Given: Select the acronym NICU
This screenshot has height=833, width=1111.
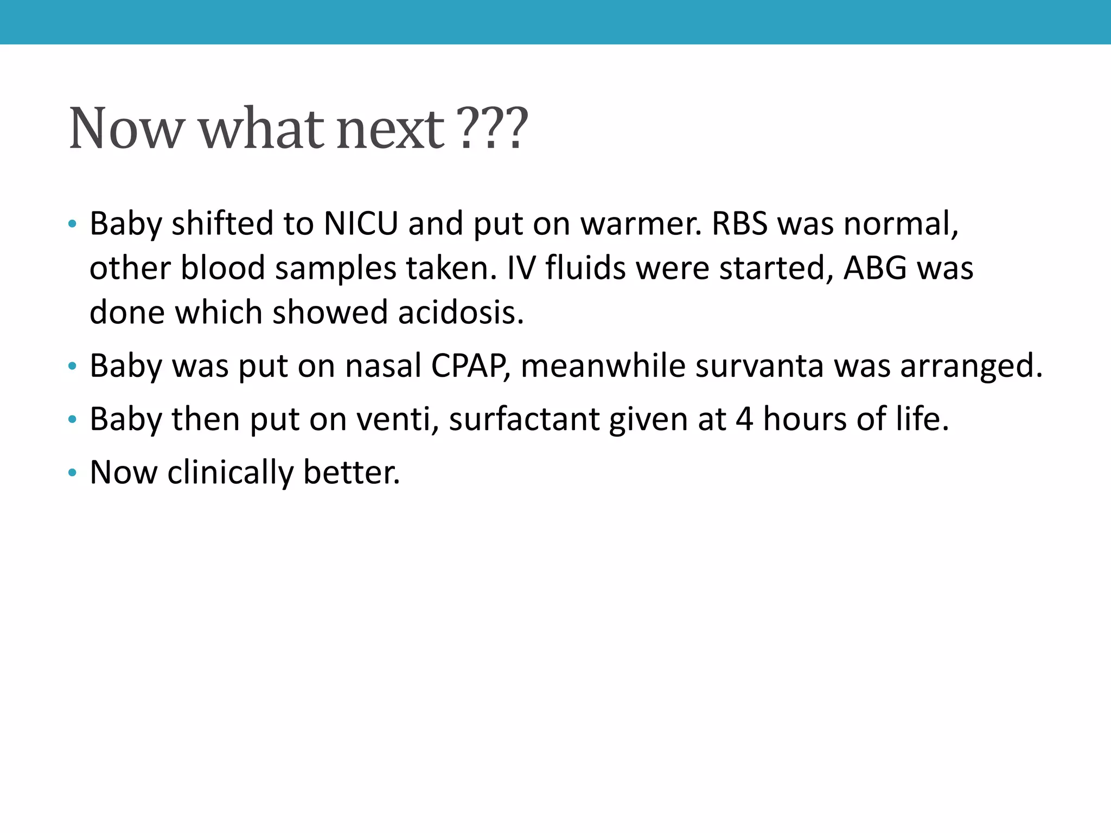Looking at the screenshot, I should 361,223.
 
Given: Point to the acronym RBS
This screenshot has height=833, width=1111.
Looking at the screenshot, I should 739,223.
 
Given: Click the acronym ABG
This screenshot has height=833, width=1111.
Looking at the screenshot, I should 875,268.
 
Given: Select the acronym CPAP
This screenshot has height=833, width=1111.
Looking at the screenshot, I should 470,366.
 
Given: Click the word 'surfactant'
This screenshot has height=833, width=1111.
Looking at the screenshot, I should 524,419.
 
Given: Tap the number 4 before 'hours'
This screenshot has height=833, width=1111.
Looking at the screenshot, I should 744,419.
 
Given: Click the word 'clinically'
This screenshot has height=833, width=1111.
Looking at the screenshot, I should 230,472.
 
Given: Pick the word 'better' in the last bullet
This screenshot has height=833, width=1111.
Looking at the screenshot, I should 350,472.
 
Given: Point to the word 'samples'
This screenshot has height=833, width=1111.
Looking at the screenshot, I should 335,269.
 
